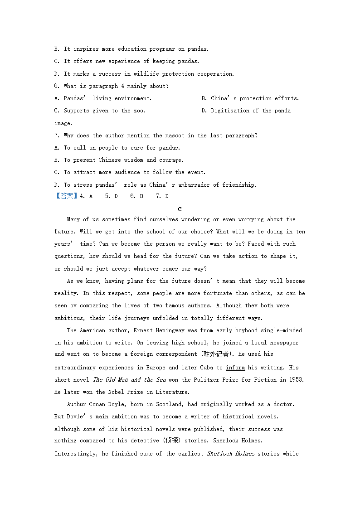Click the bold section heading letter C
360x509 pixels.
tap(180, 209)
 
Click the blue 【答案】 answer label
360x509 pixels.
tap(66, 196)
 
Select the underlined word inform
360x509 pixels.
tap(235, 368)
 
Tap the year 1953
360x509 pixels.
tap(296, 380)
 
